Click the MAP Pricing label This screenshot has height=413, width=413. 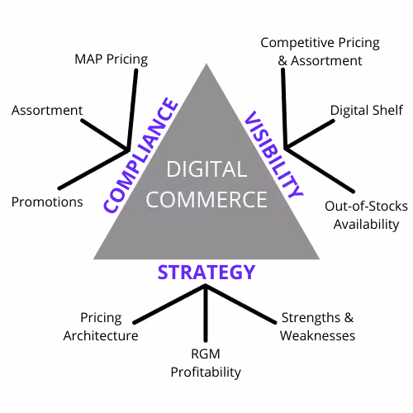pyautogui.click(x=112, y=59)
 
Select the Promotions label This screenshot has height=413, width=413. pyautogui.click(x=47, y=202)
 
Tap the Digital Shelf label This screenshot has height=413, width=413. pyautogui.click(x=367, y=111)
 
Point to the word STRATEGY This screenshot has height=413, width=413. pyautogui.click(x=206, y=273)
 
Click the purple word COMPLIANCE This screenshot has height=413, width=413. pyautogui.click(x=140, y=155)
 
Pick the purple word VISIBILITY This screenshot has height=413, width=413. pyautogui.click(x=273, y=154)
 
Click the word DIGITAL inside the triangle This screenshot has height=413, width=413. pyautogui.click(x=206, y=169)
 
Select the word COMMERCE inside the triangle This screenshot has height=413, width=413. pyautogui.click(x=206, y=199)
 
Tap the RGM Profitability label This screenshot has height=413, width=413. pyautogui.click(x=206, y=363)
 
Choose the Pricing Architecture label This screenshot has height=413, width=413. pyautogui.click(x=101, y=327)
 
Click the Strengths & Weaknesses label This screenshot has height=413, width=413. pyautogui.click(x=317, y=327)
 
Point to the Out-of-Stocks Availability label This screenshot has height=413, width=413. pyautogui.click(x=366, y=216)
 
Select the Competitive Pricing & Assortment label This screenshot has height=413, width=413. pyautogui.click(x=320, y=52)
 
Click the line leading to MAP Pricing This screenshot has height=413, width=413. pyautogui.click(x=132, y=110)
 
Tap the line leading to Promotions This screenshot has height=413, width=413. pyautogui.click(x=93, y=169)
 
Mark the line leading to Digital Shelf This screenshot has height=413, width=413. pyautogui.click(x=310, y=135)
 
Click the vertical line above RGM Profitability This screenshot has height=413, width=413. pyautogui.click(x=206, y=313)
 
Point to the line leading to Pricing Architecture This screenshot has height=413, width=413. pyautogui.click(x=169, y=304)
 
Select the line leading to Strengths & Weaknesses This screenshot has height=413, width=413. pyautogui.click(x=241, y=304)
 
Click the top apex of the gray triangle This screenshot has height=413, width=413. pyautogui.click(x=206, y=64)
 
